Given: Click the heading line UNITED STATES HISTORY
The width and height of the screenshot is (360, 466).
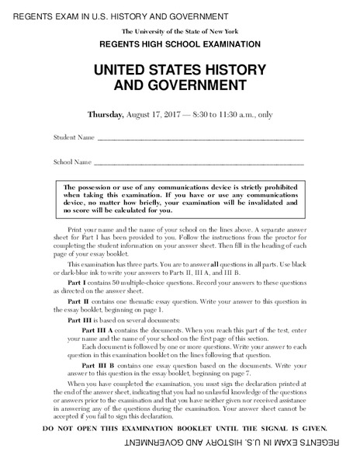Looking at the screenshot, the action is pyautogui.click(x=180, y=70).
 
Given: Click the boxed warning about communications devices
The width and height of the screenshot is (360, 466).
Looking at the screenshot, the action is pyautogui.click(x=180, y=198).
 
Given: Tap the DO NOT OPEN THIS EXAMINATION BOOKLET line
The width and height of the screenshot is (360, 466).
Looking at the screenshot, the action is pyautogui.click(x=180, y=428).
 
